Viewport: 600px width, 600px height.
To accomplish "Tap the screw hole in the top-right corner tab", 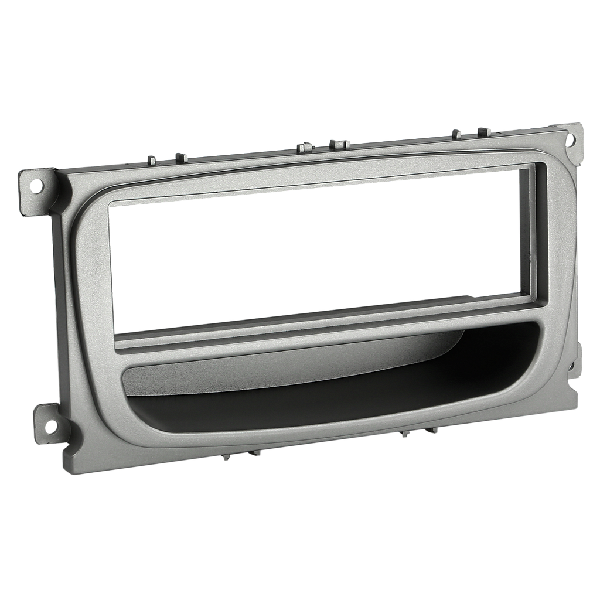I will point(571,140).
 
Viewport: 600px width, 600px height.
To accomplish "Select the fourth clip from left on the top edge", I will point(339,143).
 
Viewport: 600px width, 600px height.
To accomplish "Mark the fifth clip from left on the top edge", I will point(456,133).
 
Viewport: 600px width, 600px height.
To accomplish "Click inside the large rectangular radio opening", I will point(316,252).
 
